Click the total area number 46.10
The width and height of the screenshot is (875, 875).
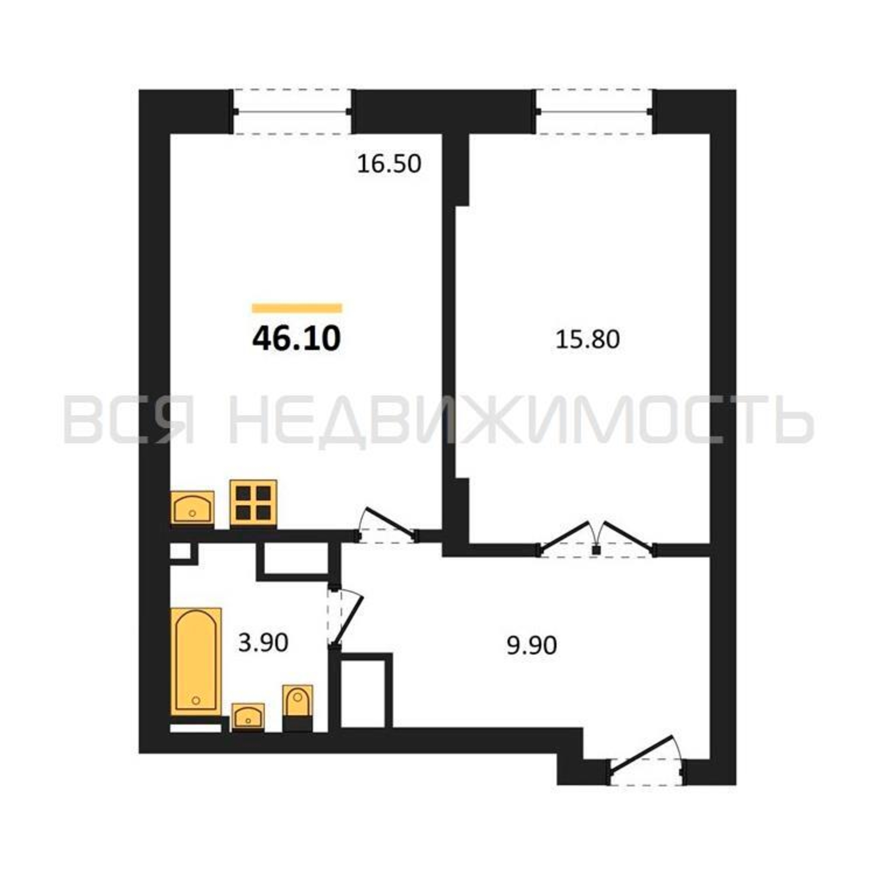coord(296,339)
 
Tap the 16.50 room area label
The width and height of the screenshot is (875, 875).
coord(389,164)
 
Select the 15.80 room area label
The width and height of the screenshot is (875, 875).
coord(588,339)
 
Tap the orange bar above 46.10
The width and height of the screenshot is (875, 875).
coord(297,308)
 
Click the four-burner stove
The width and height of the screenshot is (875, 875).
coord(253,503)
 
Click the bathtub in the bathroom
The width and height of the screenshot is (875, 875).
coord(196,662)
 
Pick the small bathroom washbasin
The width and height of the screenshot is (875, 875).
coord(248,717)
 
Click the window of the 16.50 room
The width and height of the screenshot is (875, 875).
coord(293,112)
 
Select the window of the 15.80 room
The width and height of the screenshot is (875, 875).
coord(594,112)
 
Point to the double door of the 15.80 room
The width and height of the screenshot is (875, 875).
coord(596,540)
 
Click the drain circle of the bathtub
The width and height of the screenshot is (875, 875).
coord(196,700)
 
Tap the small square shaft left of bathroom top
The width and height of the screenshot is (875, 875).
coord(181,551)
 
